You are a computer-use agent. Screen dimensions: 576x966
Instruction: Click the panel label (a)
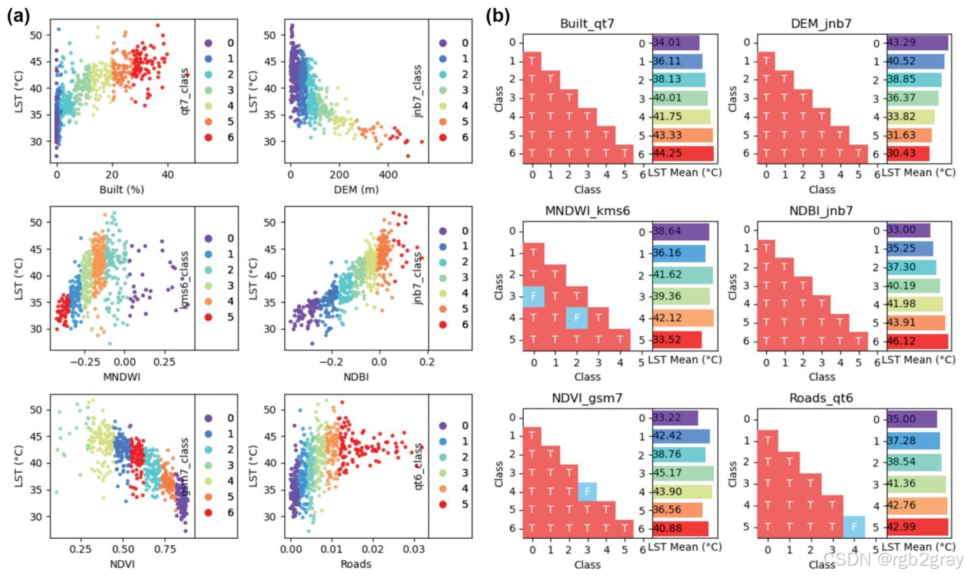coord(18,15)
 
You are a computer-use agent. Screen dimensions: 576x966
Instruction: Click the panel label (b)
coord(498,15)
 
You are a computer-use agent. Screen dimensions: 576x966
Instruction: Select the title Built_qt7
coord(587,24)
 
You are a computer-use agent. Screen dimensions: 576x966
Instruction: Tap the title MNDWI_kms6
coord(587,211)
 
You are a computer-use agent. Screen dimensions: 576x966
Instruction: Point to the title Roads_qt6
coord(821,398)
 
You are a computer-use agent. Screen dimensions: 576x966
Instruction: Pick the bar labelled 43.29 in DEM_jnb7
coord(917,42)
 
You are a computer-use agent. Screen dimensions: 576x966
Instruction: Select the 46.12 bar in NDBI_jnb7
coord(917,341)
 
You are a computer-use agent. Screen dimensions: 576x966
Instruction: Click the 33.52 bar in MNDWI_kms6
coord(677,340)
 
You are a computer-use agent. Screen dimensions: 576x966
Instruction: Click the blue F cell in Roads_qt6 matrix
coord(854,527)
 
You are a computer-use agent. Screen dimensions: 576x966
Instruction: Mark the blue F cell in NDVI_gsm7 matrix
coord(587,491)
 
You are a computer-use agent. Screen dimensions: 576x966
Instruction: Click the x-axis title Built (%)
coord(122,189)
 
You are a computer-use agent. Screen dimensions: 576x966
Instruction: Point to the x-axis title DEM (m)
coord(356,189)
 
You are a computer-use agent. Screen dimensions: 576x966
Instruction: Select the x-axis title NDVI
coord(122,564)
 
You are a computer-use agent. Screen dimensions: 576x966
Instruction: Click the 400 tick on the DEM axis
coord(388,174)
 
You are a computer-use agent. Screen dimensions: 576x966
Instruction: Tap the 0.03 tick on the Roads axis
coord(413,549)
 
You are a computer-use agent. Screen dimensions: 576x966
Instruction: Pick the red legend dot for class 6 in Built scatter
coord(208,137)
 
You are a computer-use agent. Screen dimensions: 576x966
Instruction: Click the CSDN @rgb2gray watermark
coord(893,560)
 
